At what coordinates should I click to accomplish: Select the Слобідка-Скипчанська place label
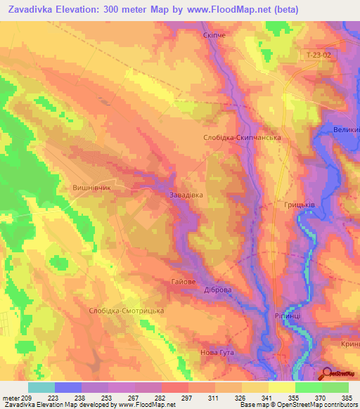point(242,138)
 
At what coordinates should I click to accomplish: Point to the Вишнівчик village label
point(93,188)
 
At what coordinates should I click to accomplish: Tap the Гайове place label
point(183,281)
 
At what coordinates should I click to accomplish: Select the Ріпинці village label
point(279,316)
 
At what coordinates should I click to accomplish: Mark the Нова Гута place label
point(214,352)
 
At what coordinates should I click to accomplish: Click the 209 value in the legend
point(27,397)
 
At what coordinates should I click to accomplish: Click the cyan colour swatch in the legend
point(41,387)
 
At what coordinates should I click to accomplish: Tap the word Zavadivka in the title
point(32,10)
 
